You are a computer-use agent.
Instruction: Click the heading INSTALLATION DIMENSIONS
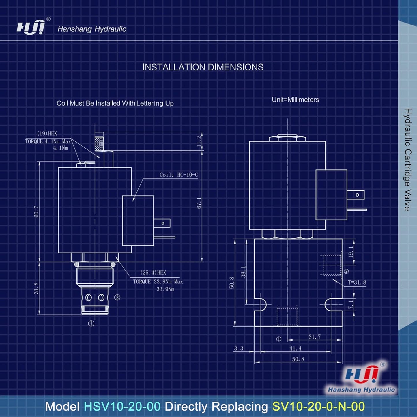(x=203, y=67)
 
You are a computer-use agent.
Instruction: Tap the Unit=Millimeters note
(x=295, y=100)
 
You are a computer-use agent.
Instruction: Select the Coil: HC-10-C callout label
(x=179, y=175)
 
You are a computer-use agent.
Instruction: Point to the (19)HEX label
(x=47, y=133)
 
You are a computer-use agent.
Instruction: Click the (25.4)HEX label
(x=153, y=272)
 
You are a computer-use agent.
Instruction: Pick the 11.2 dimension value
(x=199, y=141)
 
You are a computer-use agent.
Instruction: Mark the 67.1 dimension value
(x=199, y=203)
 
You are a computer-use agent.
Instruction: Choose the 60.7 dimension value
(x=36, y=211)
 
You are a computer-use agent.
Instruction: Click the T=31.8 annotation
(x=357, y=282)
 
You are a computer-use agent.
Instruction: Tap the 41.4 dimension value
(x=295, y=348)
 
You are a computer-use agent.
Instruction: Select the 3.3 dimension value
(x=238, y=348)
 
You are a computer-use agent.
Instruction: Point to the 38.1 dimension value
(x=244, y=272)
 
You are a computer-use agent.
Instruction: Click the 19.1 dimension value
(x=351, y=252)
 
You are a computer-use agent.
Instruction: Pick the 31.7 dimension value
(x=314, y=337)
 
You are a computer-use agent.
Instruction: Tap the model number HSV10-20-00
(x=122, y=407)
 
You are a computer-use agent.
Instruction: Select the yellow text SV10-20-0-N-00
(x=318, y=407)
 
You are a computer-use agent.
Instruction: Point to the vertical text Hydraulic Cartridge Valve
(x=407, y=159)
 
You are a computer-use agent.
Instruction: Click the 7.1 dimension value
(x=351, y=305)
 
